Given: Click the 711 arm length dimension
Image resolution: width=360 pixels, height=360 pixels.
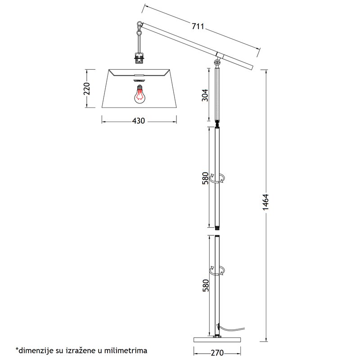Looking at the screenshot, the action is pyautogui.click(x=198, y=27).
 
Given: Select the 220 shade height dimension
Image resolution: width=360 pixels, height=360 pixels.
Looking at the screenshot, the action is pyautogui.click(x=87, y=89).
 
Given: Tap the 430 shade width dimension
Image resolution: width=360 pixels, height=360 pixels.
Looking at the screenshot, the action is pyautogui.click(x=139, y=121).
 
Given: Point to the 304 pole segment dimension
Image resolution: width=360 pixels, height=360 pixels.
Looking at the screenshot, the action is pyautogui.click(x=205, y=95).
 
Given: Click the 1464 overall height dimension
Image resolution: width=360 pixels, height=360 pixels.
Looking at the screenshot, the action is pyautogui.click(x=265, y=202).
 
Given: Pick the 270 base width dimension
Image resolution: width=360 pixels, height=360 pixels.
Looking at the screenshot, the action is pyautogui.click(x=217, y=353).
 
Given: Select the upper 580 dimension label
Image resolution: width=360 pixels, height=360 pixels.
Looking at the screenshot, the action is pyautogui.click(x=206, y=178).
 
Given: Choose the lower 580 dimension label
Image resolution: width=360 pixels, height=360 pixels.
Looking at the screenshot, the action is pyautogui.click(x=206, y=285).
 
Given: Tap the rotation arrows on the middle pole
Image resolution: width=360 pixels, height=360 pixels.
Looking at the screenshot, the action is pyautogui.click(x=217, y=178).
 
